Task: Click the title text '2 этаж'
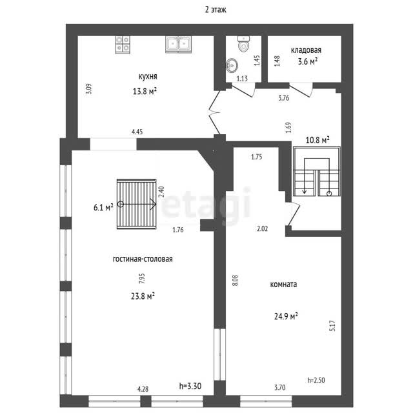[216, 10]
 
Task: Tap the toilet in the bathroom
[243, 43]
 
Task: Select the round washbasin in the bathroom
[232, 65]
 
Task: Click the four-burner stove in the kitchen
[123, 45]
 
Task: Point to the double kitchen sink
[178, 45]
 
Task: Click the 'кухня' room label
[148, 76]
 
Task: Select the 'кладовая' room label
[306, 50]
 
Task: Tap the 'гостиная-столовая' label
[143, 259]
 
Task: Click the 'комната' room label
[283, 285]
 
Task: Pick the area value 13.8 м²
[145, 92]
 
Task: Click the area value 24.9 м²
[286, 316]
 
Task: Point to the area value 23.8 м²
[143, 296]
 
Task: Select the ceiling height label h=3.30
[190, 386]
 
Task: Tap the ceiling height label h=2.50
[316, 380]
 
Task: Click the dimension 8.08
[236, 280]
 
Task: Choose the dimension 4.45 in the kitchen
[137, 132]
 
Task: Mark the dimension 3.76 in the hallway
[284, 98]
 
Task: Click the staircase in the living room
[136, 204]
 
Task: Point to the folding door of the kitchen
[215, 112]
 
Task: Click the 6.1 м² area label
[103, 208]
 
